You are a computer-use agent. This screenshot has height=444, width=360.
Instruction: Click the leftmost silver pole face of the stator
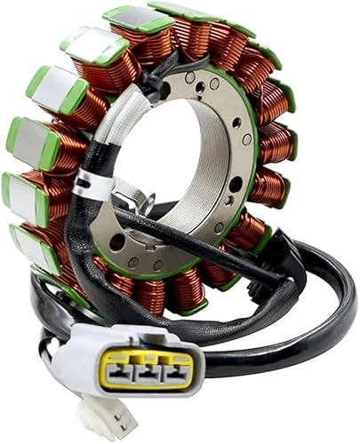20,191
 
